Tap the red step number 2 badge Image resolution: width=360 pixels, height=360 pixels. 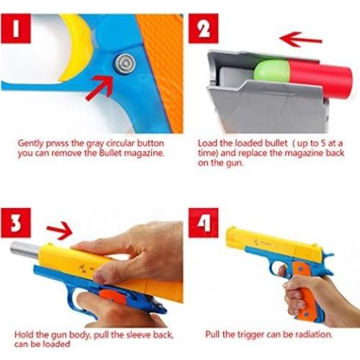pyautogui.click(x=204, y=30)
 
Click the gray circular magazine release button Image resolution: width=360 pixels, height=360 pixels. pyautogui.click(x=125, y=64)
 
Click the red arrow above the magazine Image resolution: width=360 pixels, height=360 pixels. pyautogui.click(x=300, y=37)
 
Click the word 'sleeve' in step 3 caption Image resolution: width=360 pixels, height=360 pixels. pyautogui.click(x=119, y=336)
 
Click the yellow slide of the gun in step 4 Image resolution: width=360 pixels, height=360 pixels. pyautogui.click(x=266, y=241)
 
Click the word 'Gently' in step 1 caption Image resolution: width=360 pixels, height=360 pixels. pyautogui.click(x=33, y=143)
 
